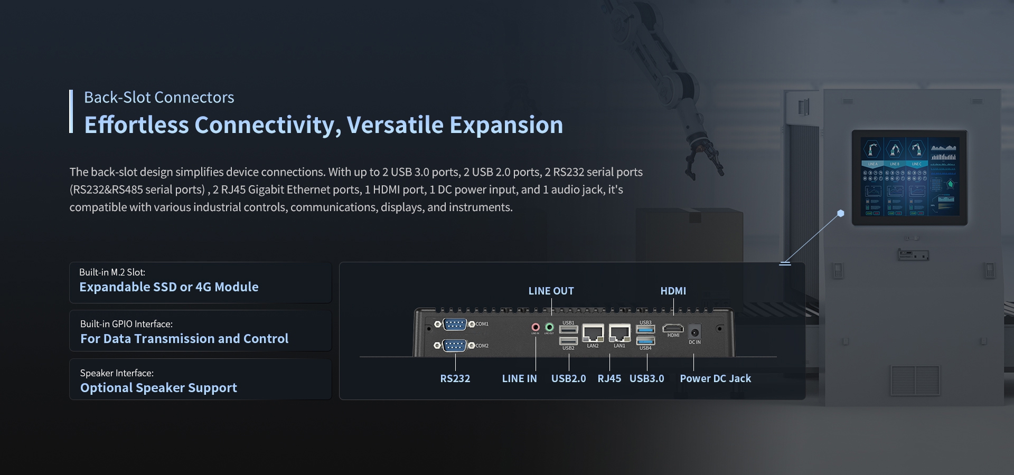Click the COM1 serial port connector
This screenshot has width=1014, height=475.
pyautogui.click(x=455, y=324)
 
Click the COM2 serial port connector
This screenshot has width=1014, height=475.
pyautogui.click(x=455, y=346)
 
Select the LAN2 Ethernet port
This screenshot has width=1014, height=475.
pyautogui.click(x=593, y=333)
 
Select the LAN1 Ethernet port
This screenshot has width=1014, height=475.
pyautogui.click(x=619, y=333)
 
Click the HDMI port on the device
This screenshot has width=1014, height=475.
pyautogui.click(x=673, y=328)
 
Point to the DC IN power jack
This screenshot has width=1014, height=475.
pyautogui.click(x=695, y=332)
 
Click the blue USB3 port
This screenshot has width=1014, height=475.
pyautogui.click(x=645, y=329)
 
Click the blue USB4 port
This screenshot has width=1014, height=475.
pyautogui.click(x=645, y=341)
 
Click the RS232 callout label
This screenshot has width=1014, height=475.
pyautogui.click(x=455, y=378)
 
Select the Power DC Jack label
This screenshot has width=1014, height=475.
pyautogui.click(x=715, y=378)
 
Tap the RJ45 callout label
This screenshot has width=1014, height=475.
pyautogui.click(x=609, y=378)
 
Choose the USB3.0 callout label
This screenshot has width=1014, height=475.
pyautogui.click(x=646, y=378)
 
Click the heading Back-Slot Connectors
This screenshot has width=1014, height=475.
pyautogui.click(x=159, y=98)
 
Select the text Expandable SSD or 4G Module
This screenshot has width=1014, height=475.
pyautogui.click(x=169, y=287)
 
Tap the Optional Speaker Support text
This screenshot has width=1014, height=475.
pyautogui.click(x=158, y=388)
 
